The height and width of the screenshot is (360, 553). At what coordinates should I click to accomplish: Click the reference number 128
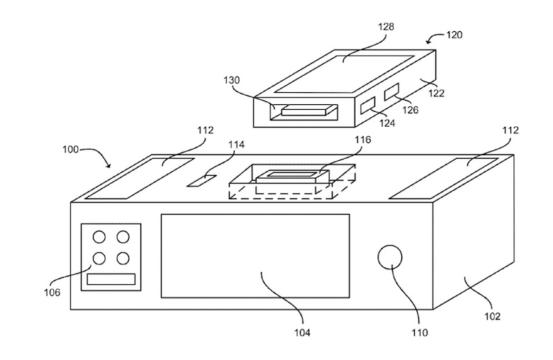pyautogui.click(x=386, y=27)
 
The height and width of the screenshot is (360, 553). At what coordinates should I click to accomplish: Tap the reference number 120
pyautogui.click(x=454, y=35)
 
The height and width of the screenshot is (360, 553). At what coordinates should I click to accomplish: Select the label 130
pyautogui.click(x=231, y=80)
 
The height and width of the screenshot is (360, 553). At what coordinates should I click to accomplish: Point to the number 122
pyautogui.click(x=436, y=93)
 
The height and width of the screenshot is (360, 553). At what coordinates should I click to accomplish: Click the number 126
pyautogui.click(x=410, y=110)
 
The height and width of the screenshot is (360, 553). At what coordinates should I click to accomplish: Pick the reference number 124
pyautogui.click(x=387, y=123)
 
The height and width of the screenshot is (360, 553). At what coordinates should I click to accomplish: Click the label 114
pyautogui.click(x=236, y=145)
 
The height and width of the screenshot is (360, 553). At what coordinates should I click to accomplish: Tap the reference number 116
pyautogui.click(x=363, y=140)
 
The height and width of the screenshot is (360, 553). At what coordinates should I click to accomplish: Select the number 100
pyautogui.click(x=70, y=150)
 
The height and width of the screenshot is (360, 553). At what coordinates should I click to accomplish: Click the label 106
pyautogui.click(x=52, y=292)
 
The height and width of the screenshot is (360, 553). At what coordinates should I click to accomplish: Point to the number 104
pyautogui.click(x=303, y=332)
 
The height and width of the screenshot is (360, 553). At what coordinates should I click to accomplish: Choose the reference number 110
pyautogui.click(x=419, y=332)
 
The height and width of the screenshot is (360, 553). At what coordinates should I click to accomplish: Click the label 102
pyautogui.click(x=492, y=316)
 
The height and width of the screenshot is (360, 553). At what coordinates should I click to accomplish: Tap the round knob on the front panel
pyautogui.click(x=390, y=257)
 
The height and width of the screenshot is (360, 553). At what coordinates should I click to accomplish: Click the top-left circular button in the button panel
pyautogui.click(x=99, y=237)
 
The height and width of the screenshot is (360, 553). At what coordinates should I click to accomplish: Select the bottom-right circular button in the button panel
pyautogui.click(x=123, y=259)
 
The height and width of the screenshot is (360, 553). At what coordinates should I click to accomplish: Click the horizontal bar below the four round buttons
pyautogui.click(x=111, y=279)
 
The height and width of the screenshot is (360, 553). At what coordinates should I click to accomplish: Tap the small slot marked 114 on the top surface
pyautogui.click(x=202, y=181)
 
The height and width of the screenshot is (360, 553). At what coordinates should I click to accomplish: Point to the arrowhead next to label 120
pyautogui.click(x=429, y=42)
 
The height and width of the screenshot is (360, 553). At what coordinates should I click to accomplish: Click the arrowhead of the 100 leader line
pyautogui.click(x=108, y=165)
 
